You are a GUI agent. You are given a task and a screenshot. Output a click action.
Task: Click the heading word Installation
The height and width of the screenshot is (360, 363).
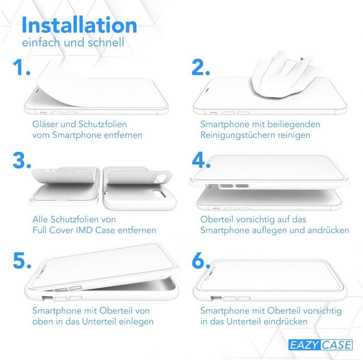tap(79, 25)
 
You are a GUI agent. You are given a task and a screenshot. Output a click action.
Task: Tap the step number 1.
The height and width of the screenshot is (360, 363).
tap(21, 67)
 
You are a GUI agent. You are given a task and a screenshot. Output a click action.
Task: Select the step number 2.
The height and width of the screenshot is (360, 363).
tap(201, 67)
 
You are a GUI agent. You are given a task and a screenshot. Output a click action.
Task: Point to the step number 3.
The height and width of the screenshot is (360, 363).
tap(22, 160)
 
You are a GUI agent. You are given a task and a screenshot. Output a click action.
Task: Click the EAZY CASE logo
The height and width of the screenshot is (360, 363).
tap(320, 345)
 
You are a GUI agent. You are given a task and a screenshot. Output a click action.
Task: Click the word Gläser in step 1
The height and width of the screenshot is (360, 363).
tap(45, 124)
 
